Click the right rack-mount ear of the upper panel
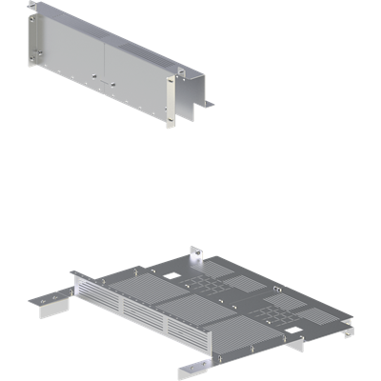pos(171,99)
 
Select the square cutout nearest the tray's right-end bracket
pos(296,333)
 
